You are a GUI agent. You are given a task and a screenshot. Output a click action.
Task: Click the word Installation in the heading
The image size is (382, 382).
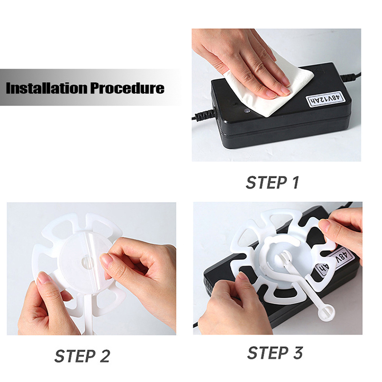pyautogui.click(x=46, y=88)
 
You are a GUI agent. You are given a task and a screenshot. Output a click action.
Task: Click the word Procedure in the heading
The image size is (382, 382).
pyautogui.click(x=127, y=88)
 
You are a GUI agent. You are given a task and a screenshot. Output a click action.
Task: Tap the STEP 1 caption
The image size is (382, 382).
pyautogui.click(x=273, y=182)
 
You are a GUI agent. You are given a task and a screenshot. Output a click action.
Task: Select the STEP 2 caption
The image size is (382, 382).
pyautogui.click(x=82, y=356)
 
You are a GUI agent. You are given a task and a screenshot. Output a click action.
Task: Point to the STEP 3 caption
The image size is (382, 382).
pyautogui.click(x=275, y=352)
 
